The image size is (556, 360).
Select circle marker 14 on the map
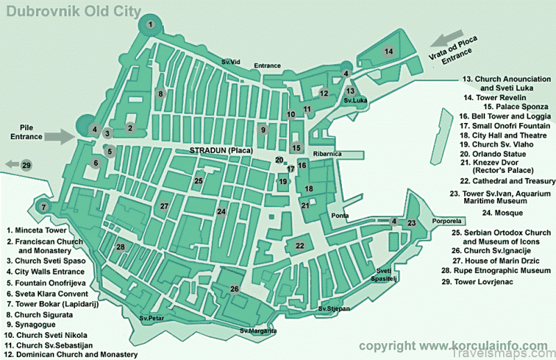point(389,51)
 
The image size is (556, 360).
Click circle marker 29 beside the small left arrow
point(26,165)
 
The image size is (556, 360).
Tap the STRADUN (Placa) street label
point(221,150)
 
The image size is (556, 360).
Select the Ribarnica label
point(327,154)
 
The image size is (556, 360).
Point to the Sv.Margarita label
point(254,330)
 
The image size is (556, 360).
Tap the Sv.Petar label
point(151,318)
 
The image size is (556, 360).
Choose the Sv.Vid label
point(231,63)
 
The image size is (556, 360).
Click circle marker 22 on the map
point(300,245)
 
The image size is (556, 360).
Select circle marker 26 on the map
point(235,288)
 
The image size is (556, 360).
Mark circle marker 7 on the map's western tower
point(43,206)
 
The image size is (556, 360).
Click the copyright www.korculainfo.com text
point(452,345)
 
